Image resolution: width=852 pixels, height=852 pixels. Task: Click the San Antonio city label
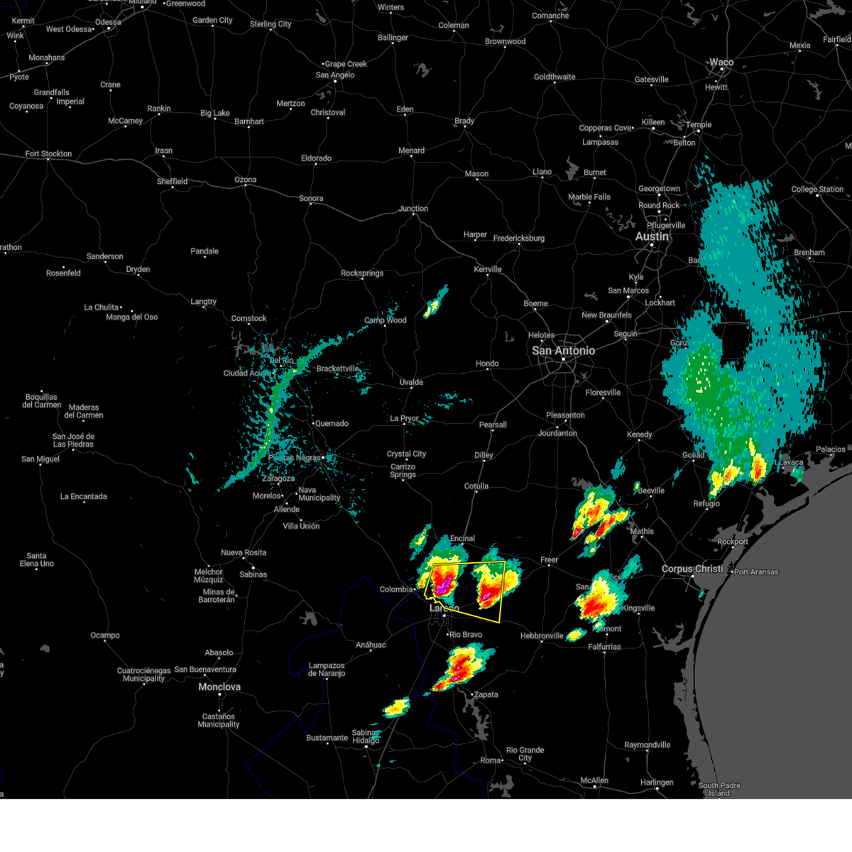(563, 351)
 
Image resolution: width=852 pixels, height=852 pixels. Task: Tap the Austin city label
(652, 236)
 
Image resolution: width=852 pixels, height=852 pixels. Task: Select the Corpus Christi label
(691, 569)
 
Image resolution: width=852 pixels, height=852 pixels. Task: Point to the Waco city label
(721, 62)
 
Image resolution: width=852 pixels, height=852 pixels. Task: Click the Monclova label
(219, 687)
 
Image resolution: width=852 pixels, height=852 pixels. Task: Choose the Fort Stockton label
(48, 153)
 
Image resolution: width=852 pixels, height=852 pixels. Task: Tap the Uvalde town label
(411, 383)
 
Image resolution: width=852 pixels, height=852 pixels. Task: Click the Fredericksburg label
(519, 239)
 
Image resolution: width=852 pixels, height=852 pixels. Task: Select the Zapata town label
(486, 694)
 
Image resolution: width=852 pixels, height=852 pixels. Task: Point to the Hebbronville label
(542, 636)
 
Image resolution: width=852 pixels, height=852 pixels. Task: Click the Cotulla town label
(476, 486)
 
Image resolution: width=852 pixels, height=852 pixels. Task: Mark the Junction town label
(413, 209)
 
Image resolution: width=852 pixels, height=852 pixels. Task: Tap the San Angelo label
(335, 75)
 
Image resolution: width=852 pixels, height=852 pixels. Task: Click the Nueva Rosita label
(244, 552)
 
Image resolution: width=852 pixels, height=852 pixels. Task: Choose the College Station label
(817, 190)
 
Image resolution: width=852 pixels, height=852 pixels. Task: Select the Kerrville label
(488, 270)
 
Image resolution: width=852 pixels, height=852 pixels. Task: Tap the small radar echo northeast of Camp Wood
(434, 305)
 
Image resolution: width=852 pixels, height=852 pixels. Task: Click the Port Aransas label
(756, 572)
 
